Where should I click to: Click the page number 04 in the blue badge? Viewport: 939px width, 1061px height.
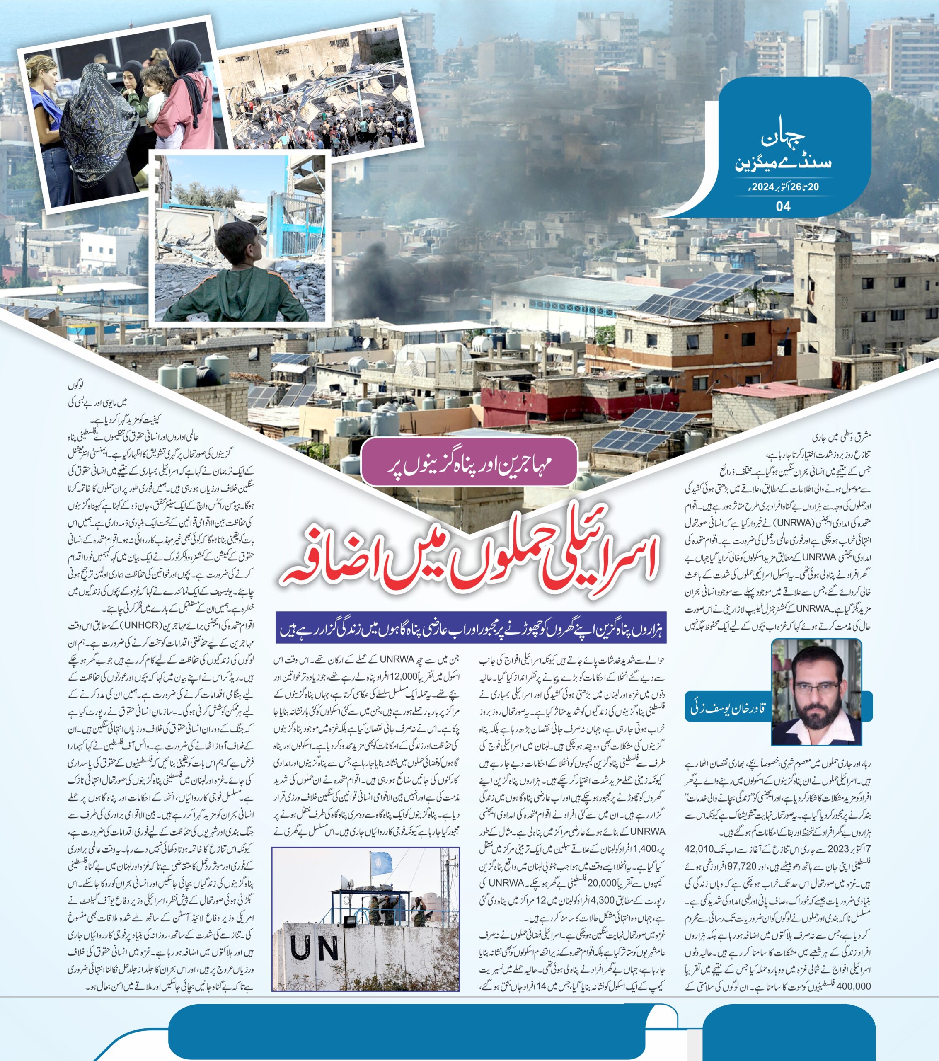[783, 206]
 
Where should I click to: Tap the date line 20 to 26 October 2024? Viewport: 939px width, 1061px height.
[783, 187]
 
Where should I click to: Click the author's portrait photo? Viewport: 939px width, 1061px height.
[816, 692]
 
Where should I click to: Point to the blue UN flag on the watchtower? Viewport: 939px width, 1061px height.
[382, 862]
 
